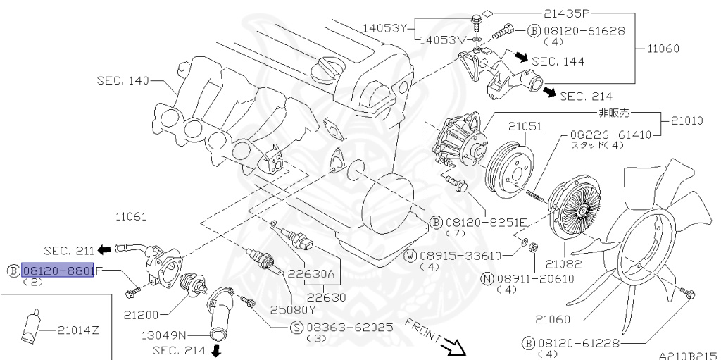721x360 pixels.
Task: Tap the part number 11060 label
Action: click(661, 49)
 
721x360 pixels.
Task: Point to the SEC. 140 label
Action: click(123, 80)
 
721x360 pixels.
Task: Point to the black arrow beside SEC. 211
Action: click(104, 249)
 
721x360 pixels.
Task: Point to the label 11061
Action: click(132, 216)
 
